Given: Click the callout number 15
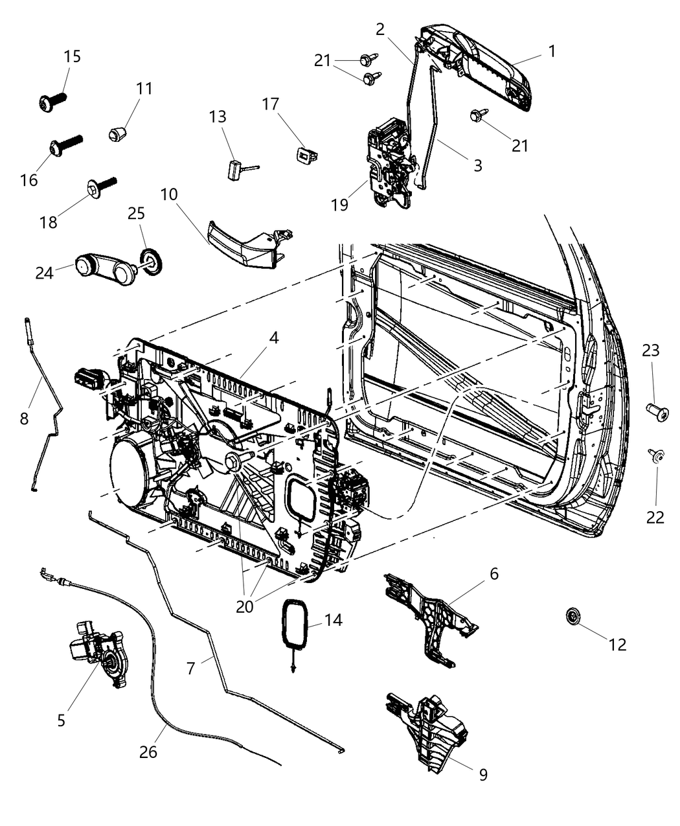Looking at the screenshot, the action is coord(73,56).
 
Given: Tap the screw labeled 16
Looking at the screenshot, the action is coord(65,144).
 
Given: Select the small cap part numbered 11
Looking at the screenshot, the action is coord(117,133).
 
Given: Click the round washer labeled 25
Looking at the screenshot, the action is coord(151,262).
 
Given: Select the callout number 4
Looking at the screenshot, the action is coord(274,338).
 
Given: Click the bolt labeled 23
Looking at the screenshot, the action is coord(657,413).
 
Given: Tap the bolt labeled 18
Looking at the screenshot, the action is coord(101,188).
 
